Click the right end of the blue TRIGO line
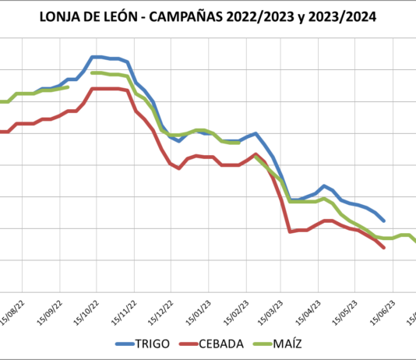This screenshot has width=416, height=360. (384, 221)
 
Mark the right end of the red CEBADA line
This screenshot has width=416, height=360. (384, 248)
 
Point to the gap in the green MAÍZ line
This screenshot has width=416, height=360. (80, 80)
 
